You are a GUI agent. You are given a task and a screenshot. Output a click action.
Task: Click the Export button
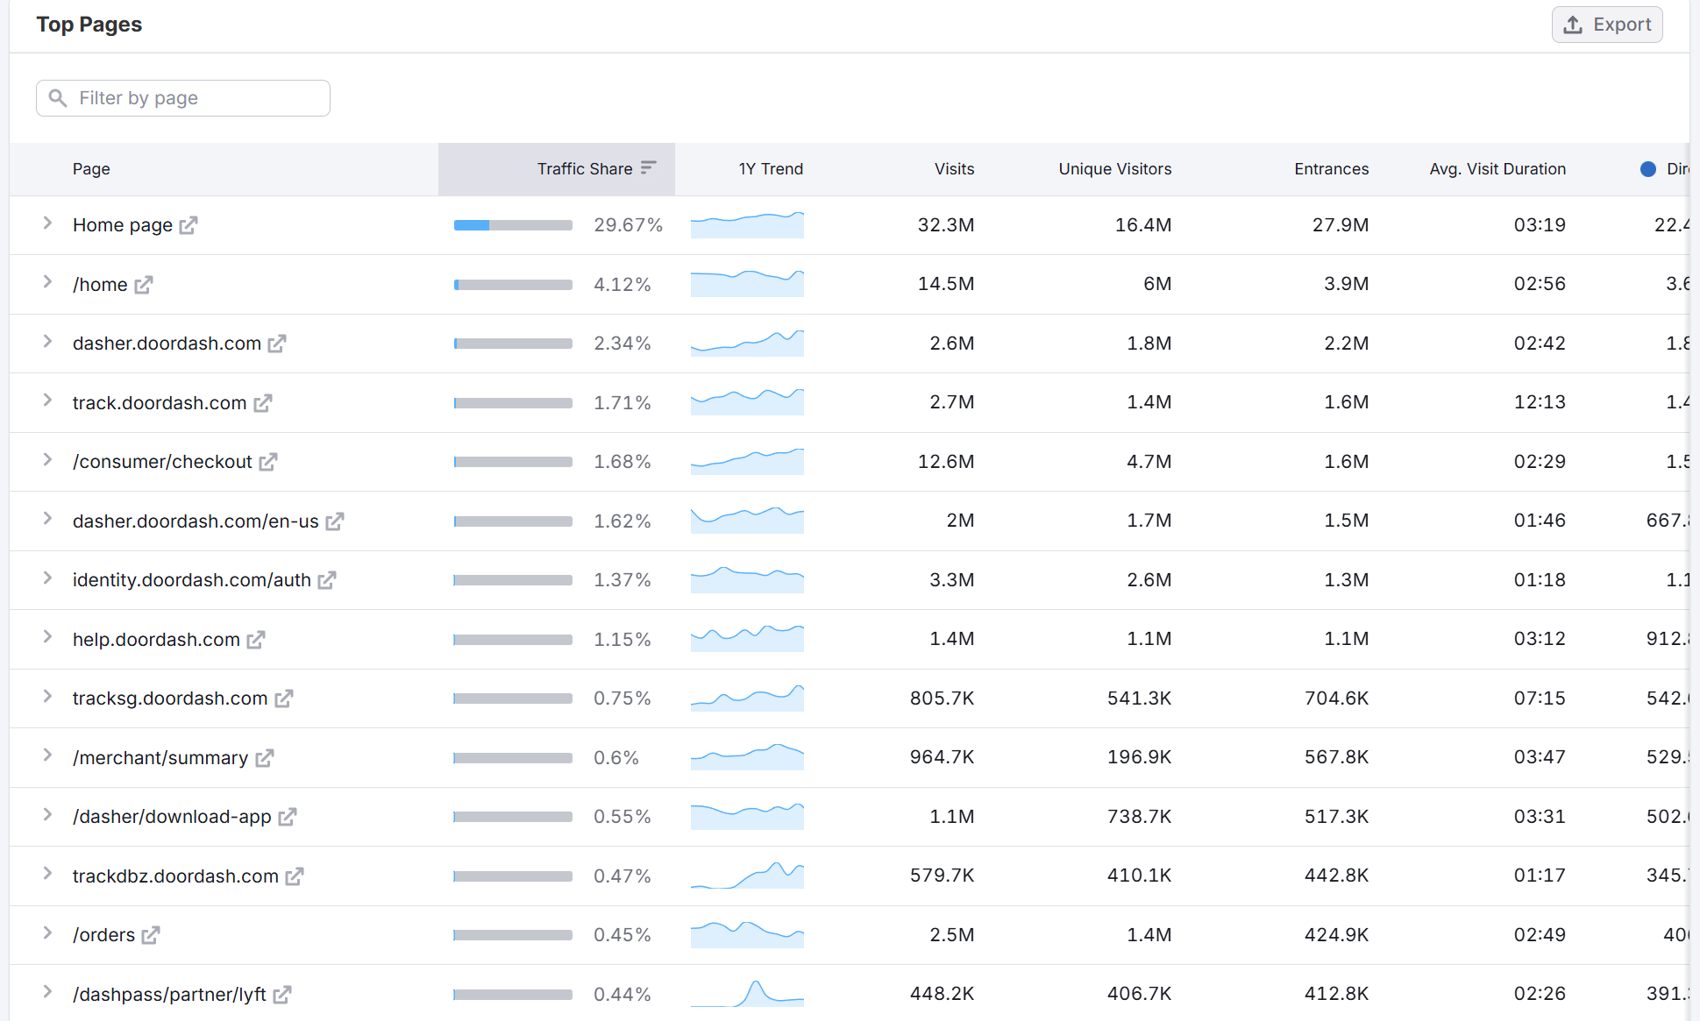(1607, 25)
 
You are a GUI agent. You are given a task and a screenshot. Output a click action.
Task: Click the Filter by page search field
(183, 98)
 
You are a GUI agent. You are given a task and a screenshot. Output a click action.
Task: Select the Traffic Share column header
(585, 169)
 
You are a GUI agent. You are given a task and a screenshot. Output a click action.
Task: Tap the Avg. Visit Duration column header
(1497, 169)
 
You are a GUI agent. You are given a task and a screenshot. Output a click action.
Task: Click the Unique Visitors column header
(1114, 169)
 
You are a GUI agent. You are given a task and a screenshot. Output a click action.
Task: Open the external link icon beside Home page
(188, 225)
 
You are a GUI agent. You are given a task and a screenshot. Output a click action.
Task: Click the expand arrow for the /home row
(47, 282)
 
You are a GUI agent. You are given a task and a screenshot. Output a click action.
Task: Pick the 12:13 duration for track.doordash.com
(1539, 402)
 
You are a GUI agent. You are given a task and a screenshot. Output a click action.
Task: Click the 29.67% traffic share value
(628, 225)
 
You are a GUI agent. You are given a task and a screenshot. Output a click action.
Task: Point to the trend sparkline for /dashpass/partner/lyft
(747, 994)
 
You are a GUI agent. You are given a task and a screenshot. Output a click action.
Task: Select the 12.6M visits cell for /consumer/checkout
(945, 462)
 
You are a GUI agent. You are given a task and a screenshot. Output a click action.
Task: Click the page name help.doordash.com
(156, 640)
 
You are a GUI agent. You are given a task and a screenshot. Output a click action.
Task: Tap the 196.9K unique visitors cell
(1139, 757)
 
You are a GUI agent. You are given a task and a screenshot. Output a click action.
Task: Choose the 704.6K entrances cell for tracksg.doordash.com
(1336, 698)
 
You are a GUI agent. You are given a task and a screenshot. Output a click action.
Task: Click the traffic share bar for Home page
(513, 225)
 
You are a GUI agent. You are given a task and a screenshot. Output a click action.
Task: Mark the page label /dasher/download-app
(172, 817)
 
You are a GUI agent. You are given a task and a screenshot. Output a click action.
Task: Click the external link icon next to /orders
(151, 935)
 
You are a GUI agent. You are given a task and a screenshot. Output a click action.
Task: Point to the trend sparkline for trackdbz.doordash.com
(747, 876)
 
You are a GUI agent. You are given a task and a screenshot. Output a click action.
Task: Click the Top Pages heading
(89, 25)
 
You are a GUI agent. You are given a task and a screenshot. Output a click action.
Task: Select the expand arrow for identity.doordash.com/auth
(47, 578)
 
